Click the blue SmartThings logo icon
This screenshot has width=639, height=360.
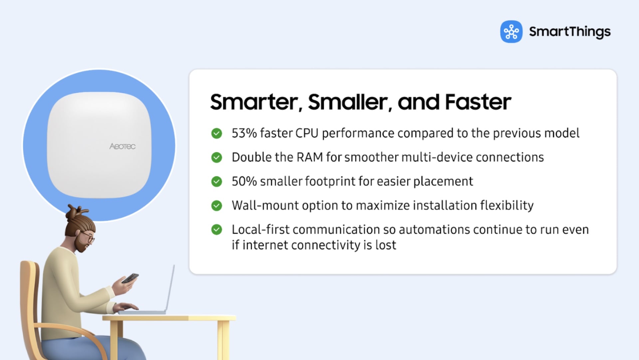pyautogui.click(x=511, y=32)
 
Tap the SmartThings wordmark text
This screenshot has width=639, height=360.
pyautogui.click(x=570, y=32)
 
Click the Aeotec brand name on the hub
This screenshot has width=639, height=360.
pyautogui.click(x=122, y=146)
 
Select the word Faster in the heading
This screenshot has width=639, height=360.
pyautogui.click(x=478, y=102)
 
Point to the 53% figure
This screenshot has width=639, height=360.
pyautogui.click(x=244, y=133)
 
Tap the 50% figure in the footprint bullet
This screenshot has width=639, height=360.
pyautogui.click(x=244, y=181)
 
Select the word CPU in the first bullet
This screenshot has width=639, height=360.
pyautogui.click(x=307, y=133)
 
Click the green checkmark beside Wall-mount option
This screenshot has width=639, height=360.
pyautogui.click(x=217, y=206)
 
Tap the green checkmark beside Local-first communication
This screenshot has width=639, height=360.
pyautogui.click(x=217, y=230)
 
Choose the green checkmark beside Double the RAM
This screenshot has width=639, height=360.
pyautogui.click(x=217, y=157)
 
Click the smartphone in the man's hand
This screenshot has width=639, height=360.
pyautogui.click(x=130, y=278)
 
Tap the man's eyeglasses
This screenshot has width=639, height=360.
pyautogui.click(x=88, y=237)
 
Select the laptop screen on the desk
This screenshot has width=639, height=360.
pyautogui.click(x=170, y=288)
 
